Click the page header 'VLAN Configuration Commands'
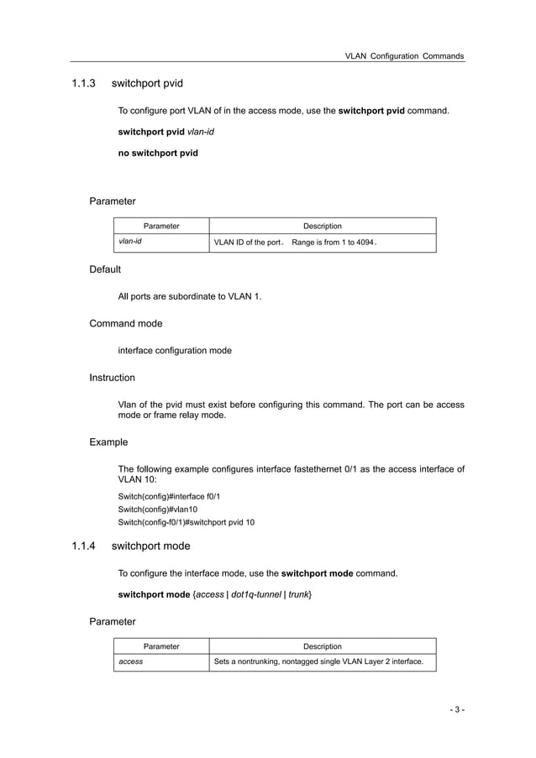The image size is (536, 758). pyautogui.click(x=404, y=55)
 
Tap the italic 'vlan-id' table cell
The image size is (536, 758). pyautogui.click(x=129, y=243)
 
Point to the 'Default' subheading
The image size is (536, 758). pyautogui.click(x=105, y=269)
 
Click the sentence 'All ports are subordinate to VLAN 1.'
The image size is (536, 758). pyautogui.click(x=190, y=296)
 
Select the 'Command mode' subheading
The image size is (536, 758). pyautogui.click(x=126, y=323)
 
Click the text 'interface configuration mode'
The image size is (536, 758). pyautogui.click(x=175, y=350)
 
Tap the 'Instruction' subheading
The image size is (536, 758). pyautogui.click(x=112, y=378)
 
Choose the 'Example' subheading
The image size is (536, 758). pyautogui.click(x=108, y=442)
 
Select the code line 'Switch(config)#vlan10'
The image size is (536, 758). pyautogui.click(x=157, y=510)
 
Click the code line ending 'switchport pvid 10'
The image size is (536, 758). pyautogui.click(x=187, y=522)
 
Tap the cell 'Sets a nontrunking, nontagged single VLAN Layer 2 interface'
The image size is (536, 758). pyautogui.click(x=318, y=662)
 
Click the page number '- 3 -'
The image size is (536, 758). pyautogui.click(x=456, y=710)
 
